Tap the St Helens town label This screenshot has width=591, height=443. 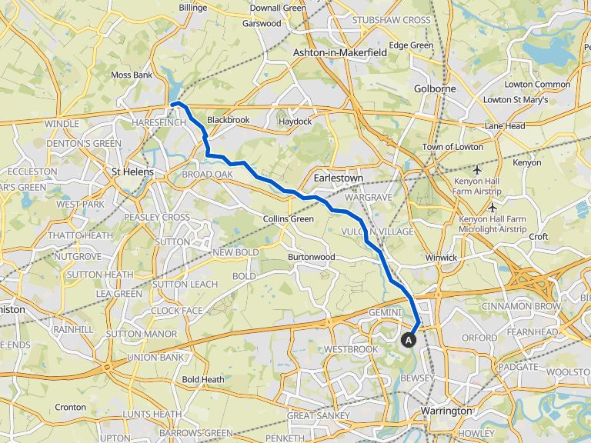[x=132, y=172]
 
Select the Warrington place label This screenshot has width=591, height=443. [x=446, y=411]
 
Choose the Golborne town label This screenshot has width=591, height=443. [x=435, y=88]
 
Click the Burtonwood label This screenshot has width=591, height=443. [x=311, y=257]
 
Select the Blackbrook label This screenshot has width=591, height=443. [x=229, y=121]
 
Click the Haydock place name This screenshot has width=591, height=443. [x=295, y=122]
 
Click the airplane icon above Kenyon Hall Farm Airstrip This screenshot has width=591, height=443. [x=479, y=169]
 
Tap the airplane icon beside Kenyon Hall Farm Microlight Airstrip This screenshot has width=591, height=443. [x=492, y=208]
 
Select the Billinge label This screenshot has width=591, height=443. [x=192, y=7]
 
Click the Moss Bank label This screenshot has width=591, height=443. [x=132, y=75]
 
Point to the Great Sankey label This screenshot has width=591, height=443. [x=313, y=416]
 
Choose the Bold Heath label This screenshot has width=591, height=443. [x=203, y=379]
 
